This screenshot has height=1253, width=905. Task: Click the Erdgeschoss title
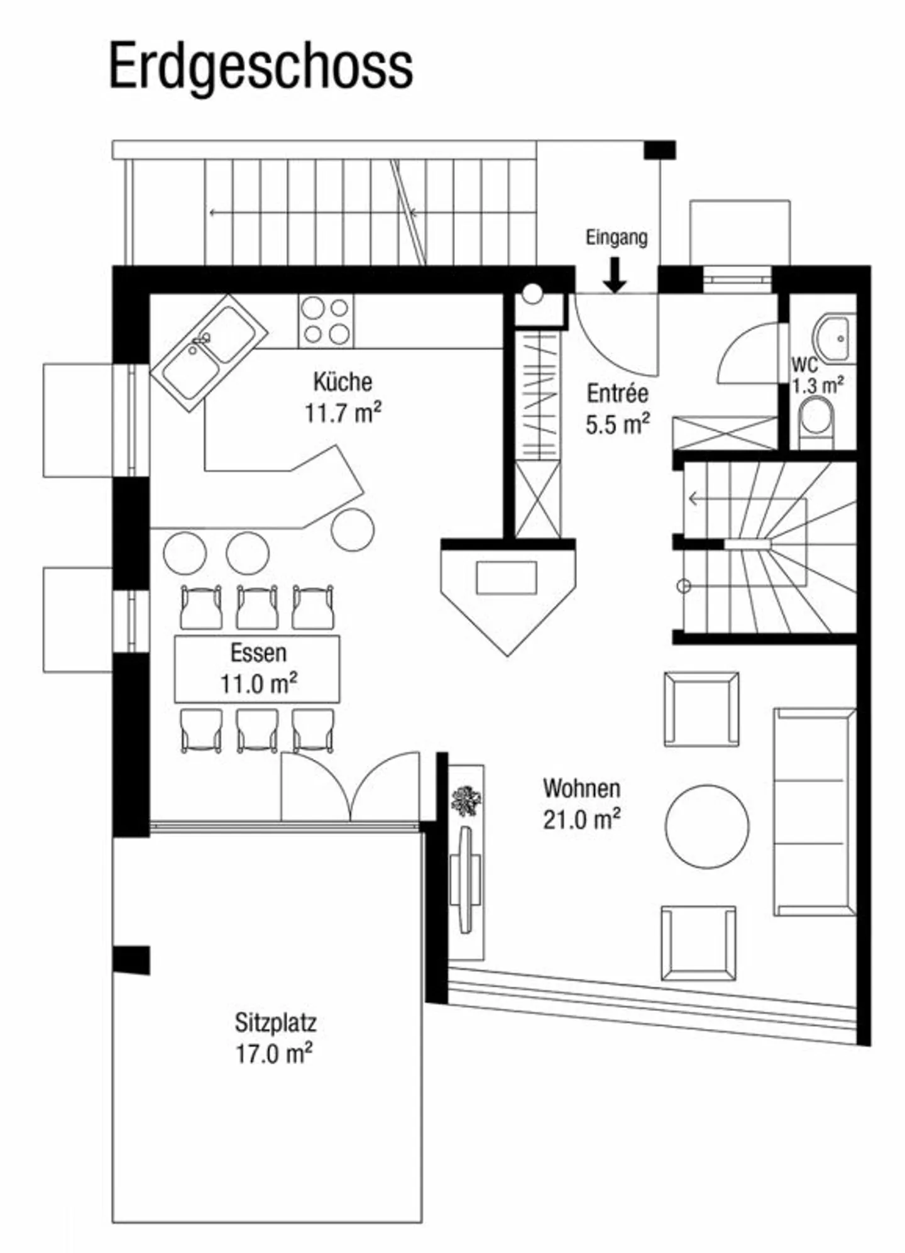(261, 67)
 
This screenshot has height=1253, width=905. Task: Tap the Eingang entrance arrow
(615, 276)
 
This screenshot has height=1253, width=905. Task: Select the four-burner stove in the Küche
(326, 321)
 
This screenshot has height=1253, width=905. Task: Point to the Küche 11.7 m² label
(343, 397)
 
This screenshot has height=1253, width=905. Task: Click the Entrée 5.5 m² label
(617, 409)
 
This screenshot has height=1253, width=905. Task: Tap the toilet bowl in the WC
(816, 418)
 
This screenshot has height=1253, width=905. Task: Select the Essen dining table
(257, 669)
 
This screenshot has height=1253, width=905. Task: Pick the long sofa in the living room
(814, 811)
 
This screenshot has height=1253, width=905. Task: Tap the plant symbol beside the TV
(466, 801)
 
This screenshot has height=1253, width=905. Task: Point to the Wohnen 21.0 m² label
(581, 803)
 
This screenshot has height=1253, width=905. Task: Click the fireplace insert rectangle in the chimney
(507, 577)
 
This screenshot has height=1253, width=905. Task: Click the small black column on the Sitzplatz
(131, 959)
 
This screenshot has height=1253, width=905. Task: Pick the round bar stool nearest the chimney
(353, 530)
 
